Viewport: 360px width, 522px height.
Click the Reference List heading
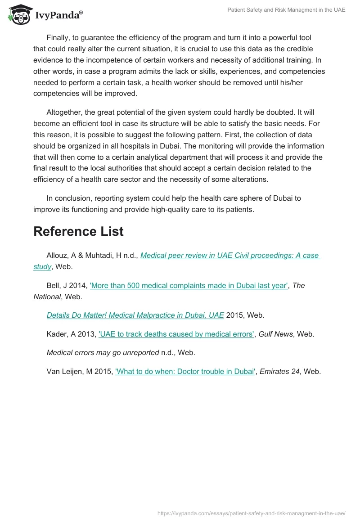pyautogui.click(x=78, y=231)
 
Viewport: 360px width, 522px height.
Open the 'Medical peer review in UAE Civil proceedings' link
pyautogui.click(x=229, y=256)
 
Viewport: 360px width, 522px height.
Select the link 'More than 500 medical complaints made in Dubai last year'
pyautogui.click(x=189, y=285)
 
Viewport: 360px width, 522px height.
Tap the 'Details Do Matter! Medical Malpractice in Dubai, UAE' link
pyautogui.click(x=135, y=315)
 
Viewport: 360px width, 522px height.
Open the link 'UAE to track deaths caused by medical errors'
pyautogui.click(x=176, y=334)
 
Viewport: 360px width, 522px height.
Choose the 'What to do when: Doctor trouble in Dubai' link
pyautogui.click(x=185, y=372)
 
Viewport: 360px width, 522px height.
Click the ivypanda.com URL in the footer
pyautogui.click(x=251, y=513)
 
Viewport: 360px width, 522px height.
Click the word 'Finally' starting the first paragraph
pyautogui.click(x=58, y=38)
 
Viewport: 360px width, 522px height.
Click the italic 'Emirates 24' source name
pyautogui.click(x=279, y=372)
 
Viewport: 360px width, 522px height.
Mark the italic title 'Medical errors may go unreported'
pyautogui.click(x=103, y=353)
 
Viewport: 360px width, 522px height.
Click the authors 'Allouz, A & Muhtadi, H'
pyautogui.click(x=86, y=256)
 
